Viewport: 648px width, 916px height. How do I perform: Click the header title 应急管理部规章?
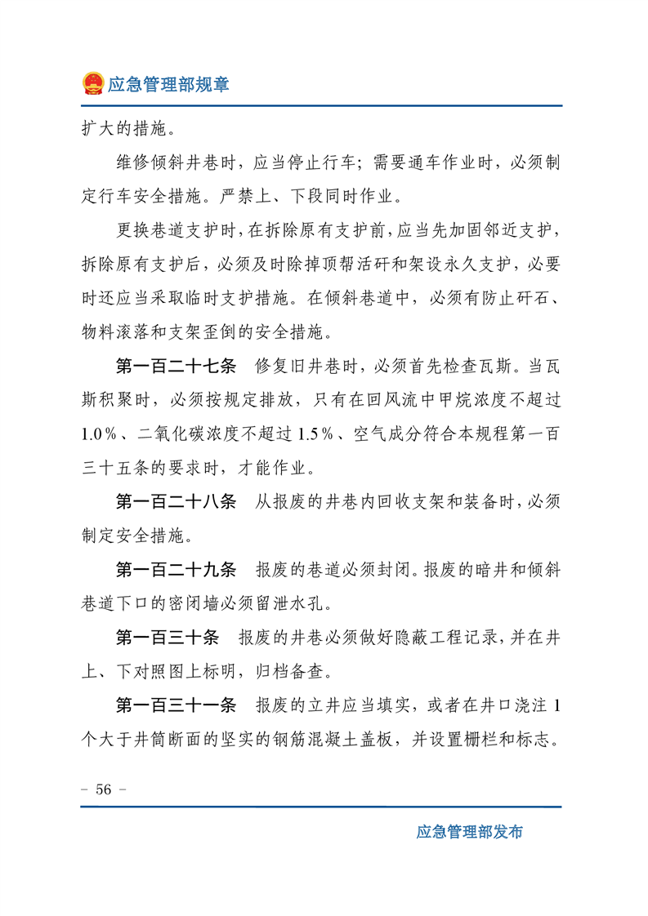[x=168, y=84]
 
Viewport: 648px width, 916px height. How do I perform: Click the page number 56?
[x=104, y=789]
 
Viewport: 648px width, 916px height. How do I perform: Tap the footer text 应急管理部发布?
[x=469, y=832]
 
